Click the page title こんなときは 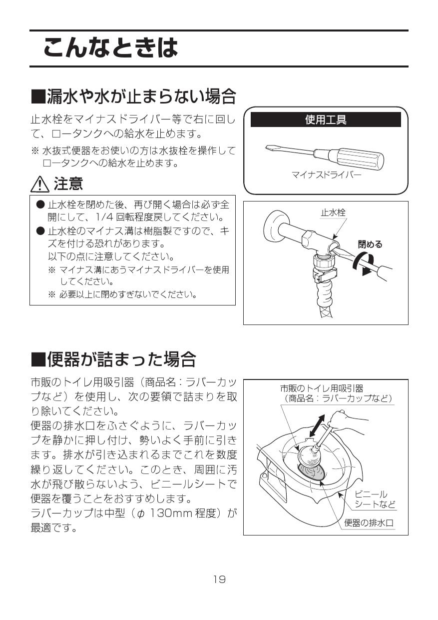(x=110, y=48)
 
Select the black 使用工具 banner (x=326, y=120)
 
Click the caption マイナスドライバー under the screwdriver (x=326, y=175)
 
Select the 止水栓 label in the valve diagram (x=333, y=212)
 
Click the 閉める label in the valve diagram (x=370, y=244)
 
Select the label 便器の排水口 (x=369, y=523)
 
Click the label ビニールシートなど (x=375, y=499)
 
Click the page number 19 (x=219, y=579)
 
